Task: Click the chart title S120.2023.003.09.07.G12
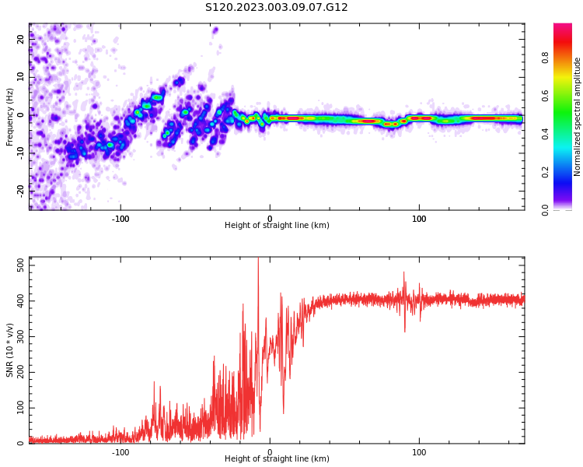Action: click(x=276, y=7)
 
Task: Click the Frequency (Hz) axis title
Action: click(x=10, y=117)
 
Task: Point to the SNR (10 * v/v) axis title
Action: click(x=10, y=350)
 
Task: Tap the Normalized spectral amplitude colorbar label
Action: click(x=578, y=117)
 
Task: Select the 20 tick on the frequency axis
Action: click(x=22, y=39)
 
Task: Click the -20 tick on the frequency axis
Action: click(x=22, y=189)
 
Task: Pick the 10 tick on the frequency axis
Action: click(x=22, y=76)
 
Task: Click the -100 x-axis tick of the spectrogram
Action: click(x=120, y=219)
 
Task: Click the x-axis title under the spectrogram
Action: click(x=277, y=226)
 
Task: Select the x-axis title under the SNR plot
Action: click(x=277, y=459)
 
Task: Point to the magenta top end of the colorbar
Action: click(x=563, y=27)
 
